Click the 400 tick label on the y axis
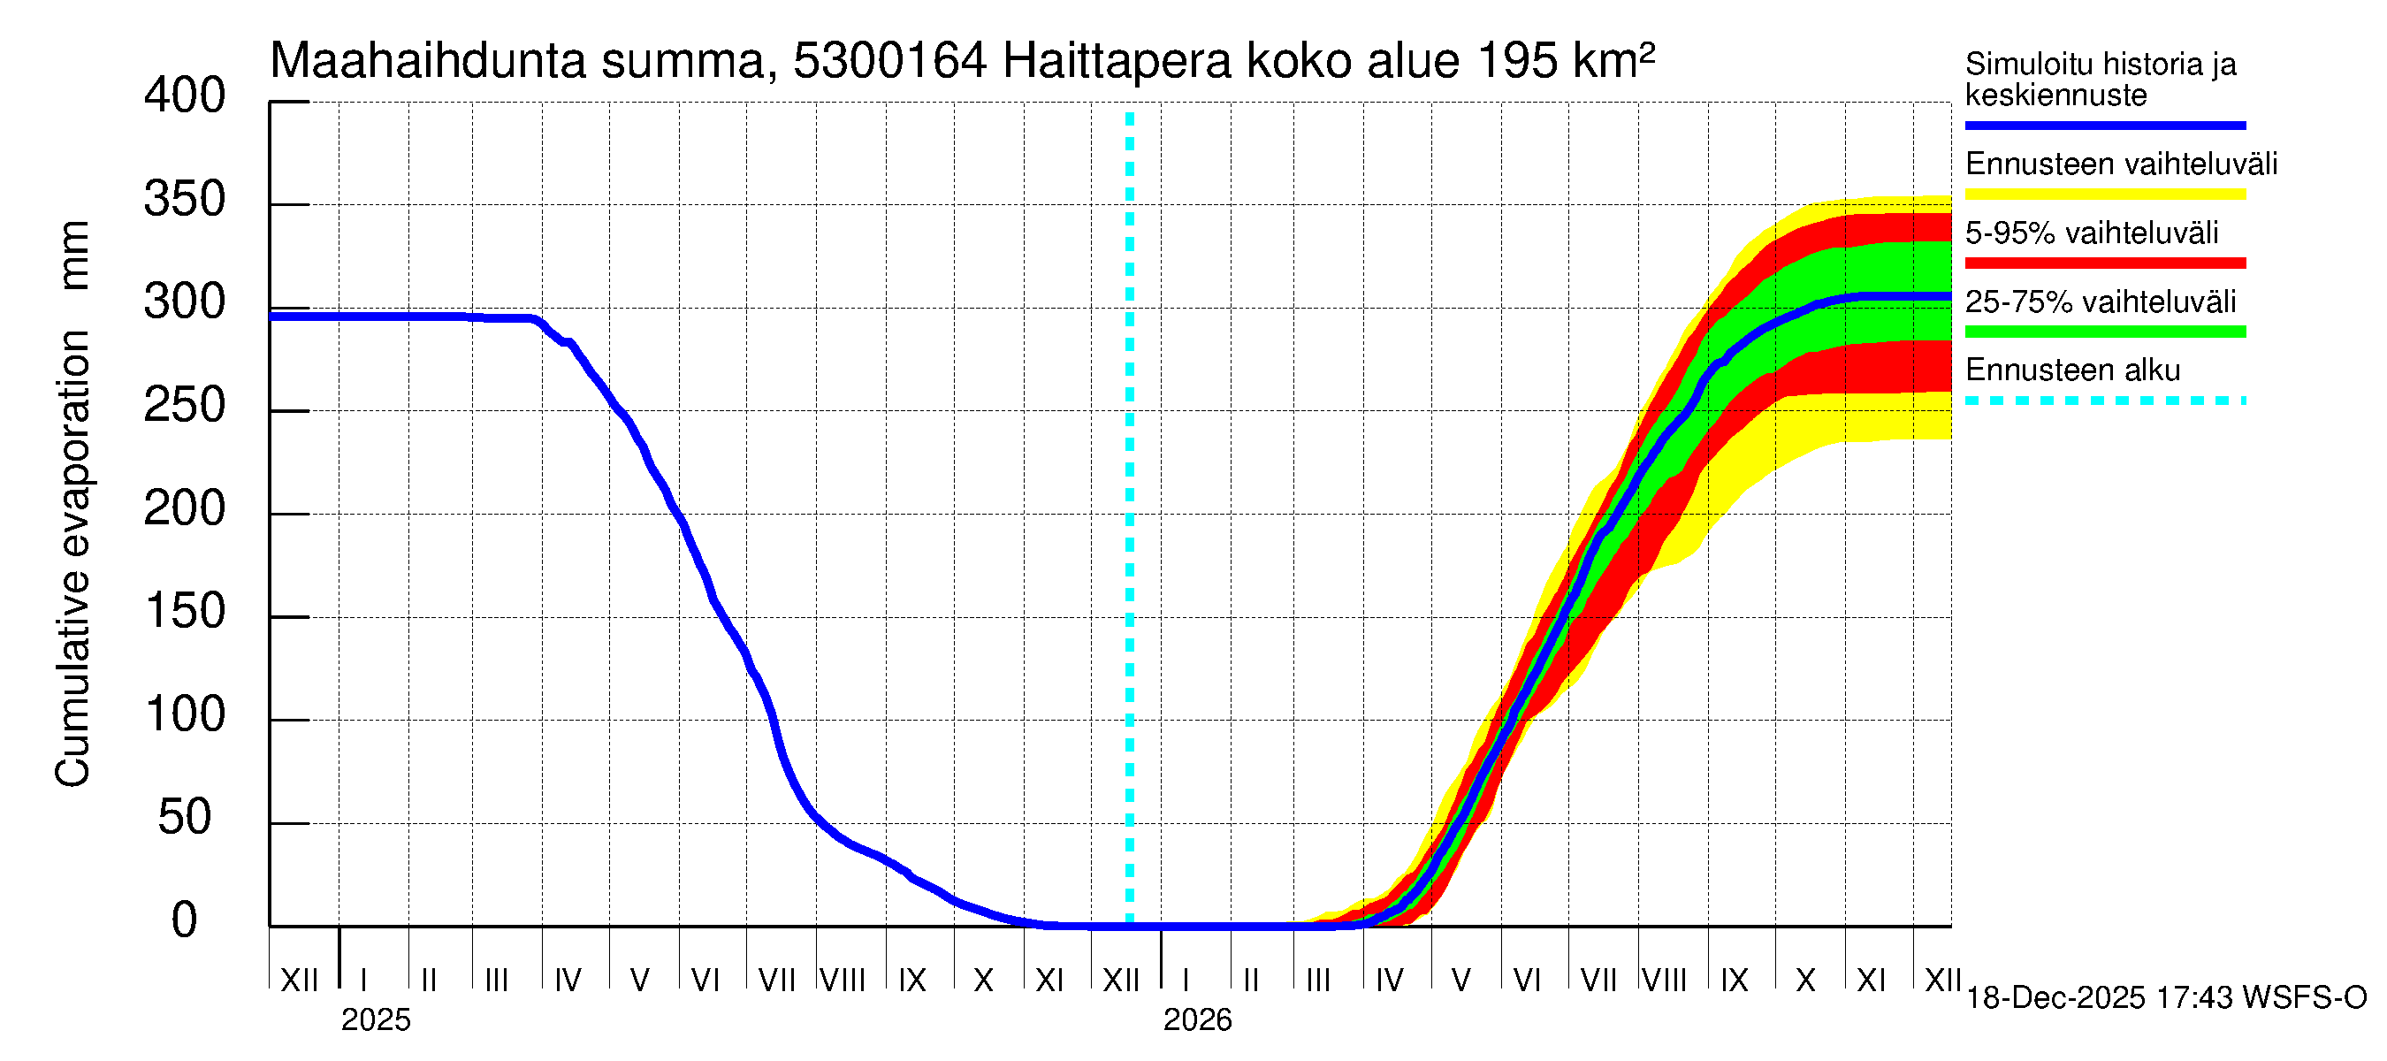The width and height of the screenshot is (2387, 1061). pyautogui.click(x=185, y=96)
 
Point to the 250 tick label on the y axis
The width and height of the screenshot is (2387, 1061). pyautogui.click(x=185, y=406)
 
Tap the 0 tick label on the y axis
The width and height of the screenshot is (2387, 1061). pyautogui.click(x=185, y=920)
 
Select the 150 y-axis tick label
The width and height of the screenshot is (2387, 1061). pyautogui.click(x=185, y=612)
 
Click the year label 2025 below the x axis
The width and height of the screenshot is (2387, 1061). pyautogui.click(x=375, y=1020)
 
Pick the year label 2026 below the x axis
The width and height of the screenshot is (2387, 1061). pyautogui.click(x=1197, y=1020)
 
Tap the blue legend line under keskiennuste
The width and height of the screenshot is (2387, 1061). pyautogui.click(x=2104, y=125)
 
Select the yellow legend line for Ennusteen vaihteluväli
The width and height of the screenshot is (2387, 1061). pyautogui.click(x=2104, y=195)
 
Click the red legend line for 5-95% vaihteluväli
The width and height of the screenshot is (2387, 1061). pyautogui.click(x=2104, y=263)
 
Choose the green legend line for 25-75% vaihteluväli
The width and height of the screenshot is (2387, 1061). pyautogui.click(x=2104, y=332)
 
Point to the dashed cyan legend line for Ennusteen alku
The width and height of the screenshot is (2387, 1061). pyautogui.click(x=2104, y=401)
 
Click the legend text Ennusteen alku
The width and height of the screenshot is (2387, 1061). pyautogui.click(x=2072, y=370)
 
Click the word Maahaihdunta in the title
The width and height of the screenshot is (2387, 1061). pyautogui.click(x=427, y=61)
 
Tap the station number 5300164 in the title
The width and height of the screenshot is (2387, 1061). pyautogui.click(x=889, y=61)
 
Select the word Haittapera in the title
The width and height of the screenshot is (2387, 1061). pyautogui.click(x=1117, y=61)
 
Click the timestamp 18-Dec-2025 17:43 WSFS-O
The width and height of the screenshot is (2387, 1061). pyautogui.click(x=2165, y=998)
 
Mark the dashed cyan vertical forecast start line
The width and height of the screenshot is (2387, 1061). pyautogui.click(x=1130, y=519)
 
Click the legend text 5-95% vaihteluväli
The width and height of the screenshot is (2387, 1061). pyautogui.click(x=2092, y=233)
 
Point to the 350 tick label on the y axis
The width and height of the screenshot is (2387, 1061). pyautogui.click(x=185, y=200)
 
